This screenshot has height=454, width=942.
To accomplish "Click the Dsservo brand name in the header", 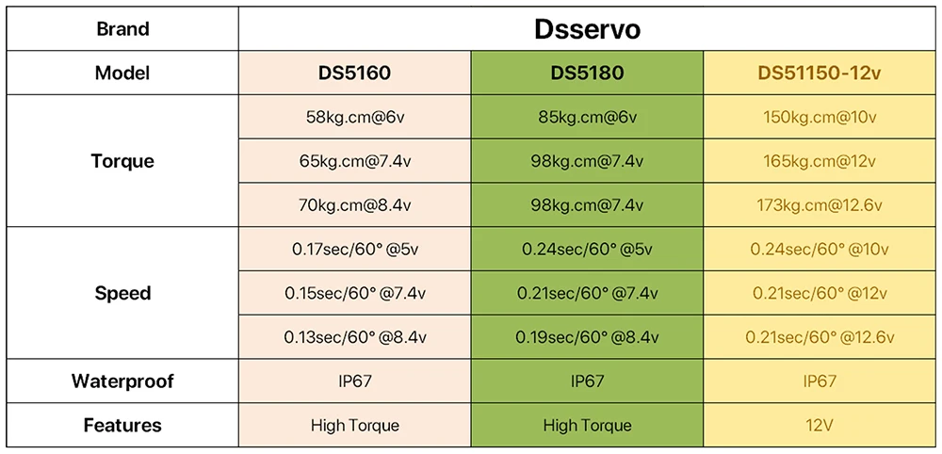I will pos(587,29).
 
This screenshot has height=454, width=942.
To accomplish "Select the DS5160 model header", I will pos(354,73).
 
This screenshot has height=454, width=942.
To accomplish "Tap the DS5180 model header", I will pos(587,73).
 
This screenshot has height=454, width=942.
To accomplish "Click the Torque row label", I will pos(122,161).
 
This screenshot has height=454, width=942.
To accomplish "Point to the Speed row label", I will pos(122,293).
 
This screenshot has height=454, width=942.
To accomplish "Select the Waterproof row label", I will pos(122,381).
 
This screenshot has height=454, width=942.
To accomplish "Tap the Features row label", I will pos(122,426).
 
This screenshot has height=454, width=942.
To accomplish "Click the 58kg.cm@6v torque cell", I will pos(354,118).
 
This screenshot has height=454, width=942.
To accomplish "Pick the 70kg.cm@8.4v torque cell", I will pos(354,204).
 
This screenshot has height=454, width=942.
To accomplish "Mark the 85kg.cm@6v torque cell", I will pos(587,118).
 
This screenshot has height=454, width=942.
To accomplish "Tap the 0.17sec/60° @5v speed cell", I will pos(354,250).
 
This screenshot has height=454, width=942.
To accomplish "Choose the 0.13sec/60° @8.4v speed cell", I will pos(354,337).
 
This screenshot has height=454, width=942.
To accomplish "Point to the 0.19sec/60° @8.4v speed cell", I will pos(587,337).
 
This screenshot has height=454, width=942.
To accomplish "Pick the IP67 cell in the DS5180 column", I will pos(587,381).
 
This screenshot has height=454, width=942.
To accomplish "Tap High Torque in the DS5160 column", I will pos(354,426).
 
